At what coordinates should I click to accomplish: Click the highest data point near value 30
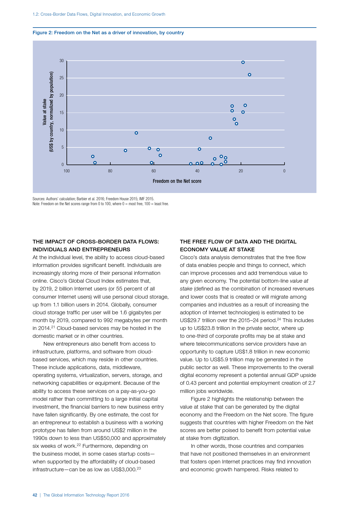[x=243, y=62]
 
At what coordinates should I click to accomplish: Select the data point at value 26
[x=249, y=75]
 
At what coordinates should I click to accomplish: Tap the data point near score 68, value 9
[x=136, y=133]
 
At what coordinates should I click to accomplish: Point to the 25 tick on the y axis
[x=62, y=78]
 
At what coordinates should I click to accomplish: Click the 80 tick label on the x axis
[x=110, y=171]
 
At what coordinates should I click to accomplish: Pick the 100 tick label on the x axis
[x=66, y=171]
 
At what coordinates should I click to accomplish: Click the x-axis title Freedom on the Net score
[x=177, y=181]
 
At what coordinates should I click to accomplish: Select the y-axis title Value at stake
[x=45, y=112]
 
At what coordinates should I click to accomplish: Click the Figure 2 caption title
[x=108, y=33]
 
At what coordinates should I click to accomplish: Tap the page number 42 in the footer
[x=35, y=495]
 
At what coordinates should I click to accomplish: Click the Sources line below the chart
[x=93, y=199]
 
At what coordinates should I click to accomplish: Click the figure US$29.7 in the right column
[x=190, y=320]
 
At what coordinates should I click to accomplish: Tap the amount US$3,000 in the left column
[x=123, y=470]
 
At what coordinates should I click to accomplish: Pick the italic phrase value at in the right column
[x=299, y=281]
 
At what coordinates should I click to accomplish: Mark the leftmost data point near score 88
[x=93, y=156]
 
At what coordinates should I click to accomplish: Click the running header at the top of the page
[x=99, y=14]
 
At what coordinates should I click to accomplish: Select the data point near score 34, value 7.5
[x=210, y=138]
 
